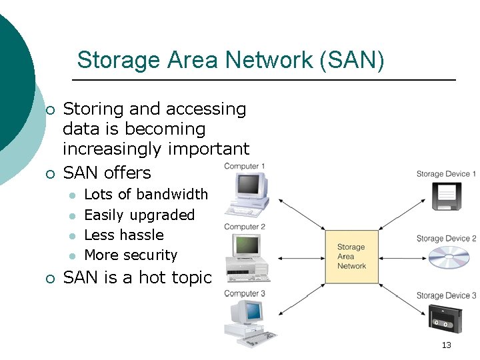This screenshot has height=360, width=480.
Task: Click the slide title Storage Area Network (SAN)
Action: point(231,60)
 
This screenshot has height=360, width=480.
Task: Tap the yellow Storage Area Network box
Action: point(351,257)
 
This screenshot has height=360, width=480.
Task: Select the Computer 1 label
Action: point(245,166)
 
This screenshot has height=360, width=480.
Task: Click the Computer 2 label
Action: point(245,227)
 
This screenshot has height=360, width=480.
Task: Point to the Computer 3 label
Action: point(245,293)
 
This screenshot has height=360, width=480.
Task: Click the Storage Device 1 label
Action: point(446,174)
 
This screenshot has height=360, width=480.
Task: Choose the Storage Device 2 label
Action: point(446,239)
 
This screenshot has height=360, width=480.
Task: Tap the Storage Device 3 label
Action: point(446,295)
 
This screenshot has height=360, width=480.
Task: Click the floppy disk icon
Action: point(446,197)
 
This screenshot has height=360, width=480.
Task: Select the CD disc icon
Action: point(449,257)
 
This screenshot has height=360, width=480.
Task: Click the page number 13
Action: point(446,345)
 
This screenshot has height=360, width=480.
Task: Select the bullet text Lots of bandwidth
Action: point(146,195)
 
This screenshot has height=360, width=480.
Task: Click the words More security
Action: point(131,255)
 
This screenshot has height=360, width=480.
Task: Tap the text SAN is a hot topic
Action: point(137,278)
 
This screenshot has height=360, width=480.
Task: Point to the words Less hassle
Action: point(124,235)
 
